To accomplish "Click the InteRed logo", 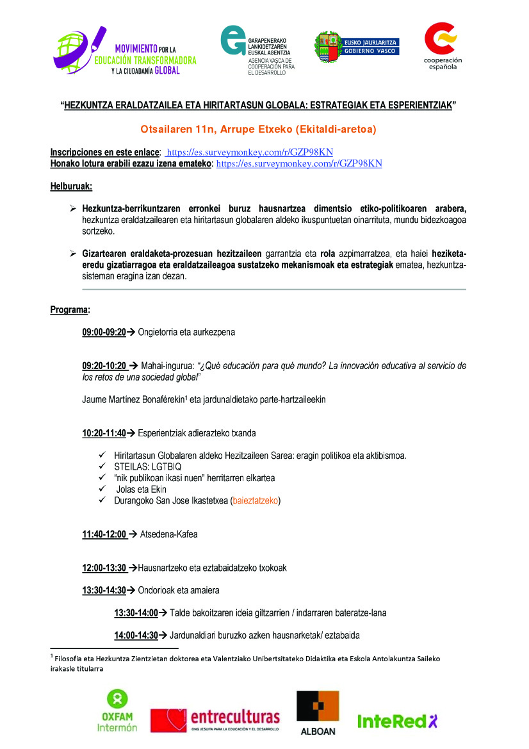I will coord(397,721).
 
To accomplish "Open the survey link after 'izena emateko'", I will coord(300,163).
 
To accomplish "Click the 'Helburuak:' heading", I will coord(71,186).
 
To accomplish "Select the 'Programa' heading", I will coord(70,310).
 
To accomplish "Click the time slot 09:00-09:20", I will coord(104,332).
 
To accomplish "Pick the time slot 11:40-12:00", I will coord(104,534).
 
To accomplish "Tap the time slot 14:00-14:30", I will coord(136,635).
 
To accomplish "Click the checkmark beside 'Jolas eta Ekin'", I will coord(101,490).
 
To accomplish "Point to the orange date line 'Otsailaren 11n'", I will coord(258,129).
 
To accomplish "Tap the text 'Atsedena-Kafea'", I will coord(168,534).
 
